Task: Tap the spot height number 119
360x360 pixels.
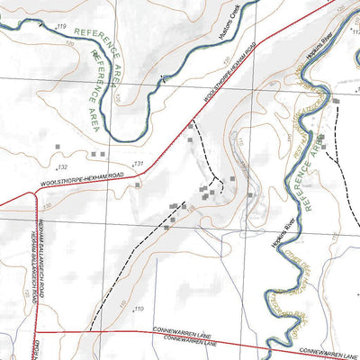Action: pos(62,30)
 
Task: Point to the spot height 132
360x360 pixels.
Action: pos(62,167)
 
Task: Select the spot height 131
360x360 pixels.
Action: pos(139,163)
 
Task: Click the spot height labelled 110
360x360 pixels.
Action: pos(139,310)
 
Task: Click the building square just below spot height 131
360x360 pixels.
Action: pos(137,184)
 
